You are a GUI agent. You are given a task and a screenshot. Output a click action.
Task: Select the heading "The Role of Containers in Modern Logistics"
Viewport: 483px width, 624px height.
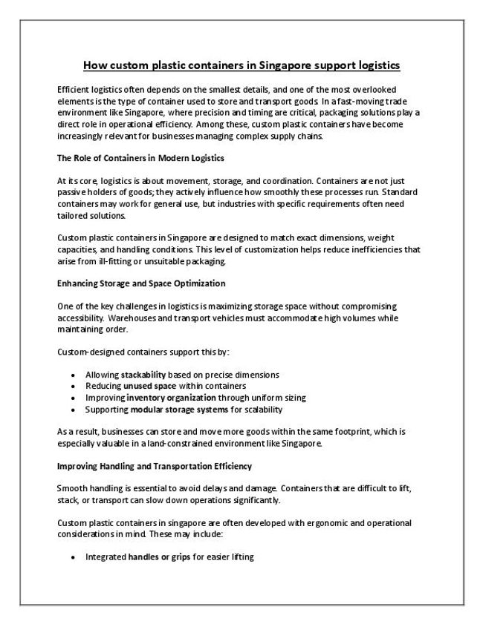click(x=140, y=159)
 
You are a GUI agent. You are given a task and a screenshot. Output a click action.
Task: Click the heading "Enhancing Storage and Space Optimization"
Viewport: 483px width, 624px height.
click(x=141, y=283)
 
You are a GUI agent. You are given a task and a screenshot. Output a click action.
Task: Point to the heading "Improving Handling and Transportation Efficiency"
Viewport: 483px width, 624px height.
click(x=155, y=466)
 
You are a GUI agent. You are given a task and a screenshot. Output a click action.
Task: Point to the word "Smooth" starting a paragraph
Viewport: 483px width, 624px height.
click(x=71, y=488)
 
